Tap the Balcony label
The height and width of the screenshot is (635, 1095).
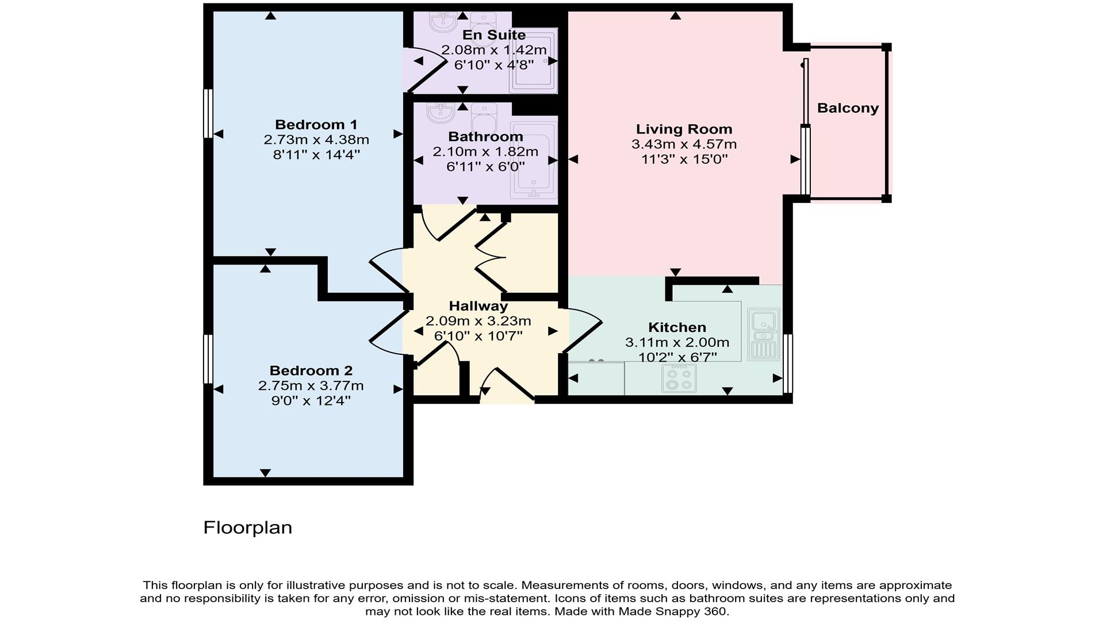[848, 108]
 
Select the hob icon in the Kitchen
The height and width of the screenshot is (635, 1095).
[679, 378]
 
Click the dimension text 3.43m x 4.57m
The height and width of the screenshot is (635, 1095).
[684, 144]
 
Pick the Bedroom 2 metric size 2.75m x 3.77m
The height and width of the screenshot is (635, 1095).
[311, 386]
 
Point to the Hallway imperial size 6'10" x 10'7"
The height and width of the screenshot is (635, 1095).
[478, 335]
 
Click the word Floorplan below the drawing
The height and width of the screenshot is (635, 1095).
[247, 527]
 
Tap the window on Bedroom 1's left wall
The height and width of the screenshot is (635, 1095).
[208, 113]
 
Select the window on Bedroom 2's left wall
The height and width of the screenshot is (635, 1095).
[208, 359]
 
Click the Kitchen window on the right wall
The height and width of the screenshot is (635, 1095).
[788, 364]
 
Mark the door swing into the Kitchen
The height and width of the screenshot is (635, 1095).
[582, 330]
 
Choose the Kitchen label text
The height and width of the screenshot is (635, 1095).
[677, 327]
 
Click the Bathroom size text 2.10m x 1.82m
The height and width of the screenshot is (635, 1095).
[485, 152]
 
